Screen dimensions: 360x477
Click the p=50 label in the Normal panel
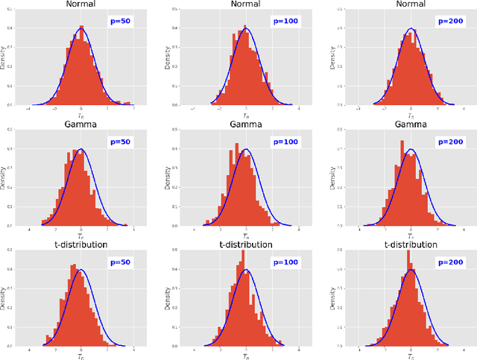tap(120, 22)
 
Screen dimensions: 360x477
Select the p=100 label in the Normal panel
tap(284, 22)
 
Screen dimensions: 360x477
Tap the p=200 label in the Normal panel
tap(449, 22)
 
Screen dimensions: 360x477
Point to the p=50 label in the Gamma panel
tap(120, 141)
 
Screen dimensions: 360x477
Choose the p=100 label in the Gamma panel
tap(284, 141)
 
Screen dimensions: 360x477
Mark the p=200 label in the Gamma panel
tap(449, 141)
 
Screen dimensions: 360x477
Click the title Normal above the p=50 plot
tap(80, 5)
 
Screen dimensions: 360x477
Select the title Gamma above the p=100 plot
tap(245, 124)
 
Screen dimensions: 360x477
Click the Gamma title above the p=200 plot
tap(409, 124)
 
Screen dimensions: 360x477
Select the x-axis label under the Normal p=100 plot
tap(245, 116)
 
